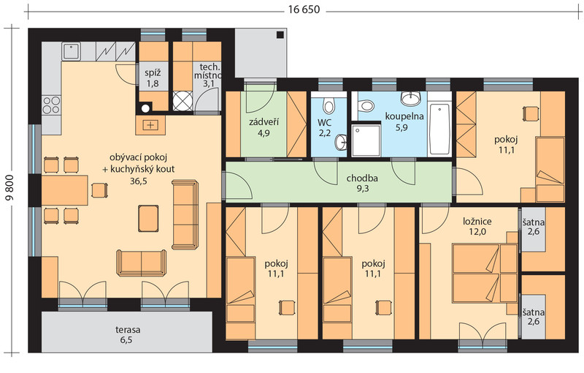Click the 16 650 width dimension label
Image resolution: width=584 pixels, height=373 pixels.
coord(304,10)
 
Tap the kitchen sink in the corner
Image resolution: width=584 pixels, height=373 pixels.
coord(72,50)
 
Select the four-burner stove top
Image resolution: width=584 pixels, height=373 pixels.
coord(51,105)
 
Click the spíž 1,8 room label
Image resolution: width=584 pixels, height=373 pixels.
coord(153,78)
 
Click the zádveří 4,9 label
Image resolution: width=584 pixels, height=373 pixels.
coord(264,127)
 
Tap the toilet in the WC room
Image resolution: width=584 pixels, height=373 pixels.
coord(328,105)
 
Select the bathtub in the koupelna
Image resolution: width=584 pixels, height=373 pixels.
coord(439,129)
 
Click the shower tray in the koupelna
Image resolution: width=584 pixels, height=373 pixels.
coord(366,140)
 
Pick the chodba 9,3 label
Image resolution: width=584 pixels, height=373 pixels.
coord(362,183)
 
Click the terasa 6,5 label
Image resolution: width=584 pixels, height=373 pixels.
coord(127,334)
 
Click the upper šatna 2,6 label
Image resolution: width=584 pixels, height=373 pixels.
coord(534,227)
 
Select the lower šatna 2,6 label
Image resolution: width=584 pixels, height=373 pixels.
coord(534,316)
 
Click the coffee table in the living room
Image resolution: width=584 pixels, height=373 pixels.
coord(149,218)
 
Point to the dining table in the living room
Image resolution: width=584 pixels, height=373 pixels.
coord(65,190)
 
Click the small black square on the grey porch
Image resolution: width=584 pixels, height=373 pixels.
coord(280,35)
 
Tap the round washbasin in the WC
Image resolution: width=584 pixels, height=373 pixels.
coord(341,142)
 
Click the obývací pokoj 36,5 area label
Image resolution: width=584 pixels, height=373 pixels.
coord(138,169)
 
